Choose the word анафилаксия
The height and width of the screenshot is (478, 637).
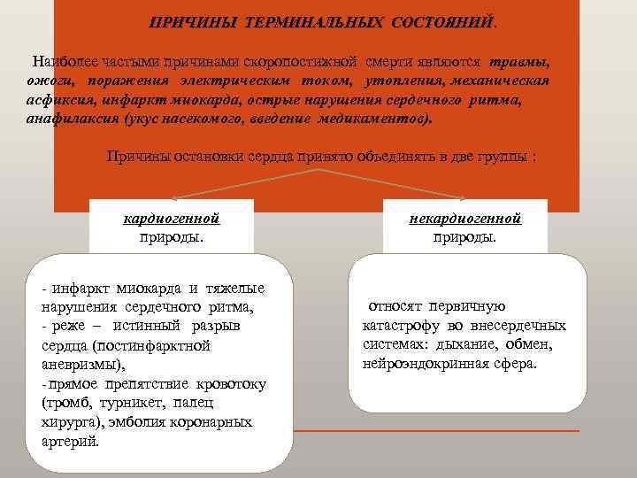(68, 119)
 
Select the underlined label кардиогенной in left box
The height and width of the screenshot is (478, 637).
(172, 218)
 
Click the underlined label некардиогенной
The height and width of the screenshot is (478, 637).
(465, 218)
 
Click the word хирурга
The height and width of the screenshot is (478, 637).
(68, 422)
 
